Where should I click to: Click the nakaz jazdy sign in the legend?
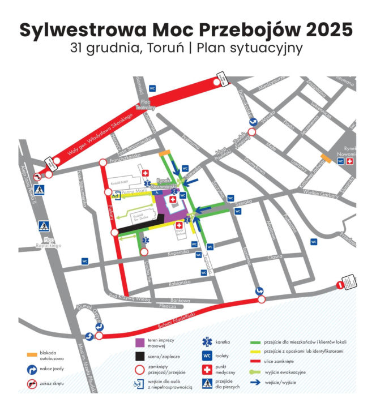[32, 370]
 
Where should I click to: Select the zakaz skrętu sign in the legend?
[32, 384]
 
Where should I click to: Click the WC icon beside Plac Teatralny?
[152, 89]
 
